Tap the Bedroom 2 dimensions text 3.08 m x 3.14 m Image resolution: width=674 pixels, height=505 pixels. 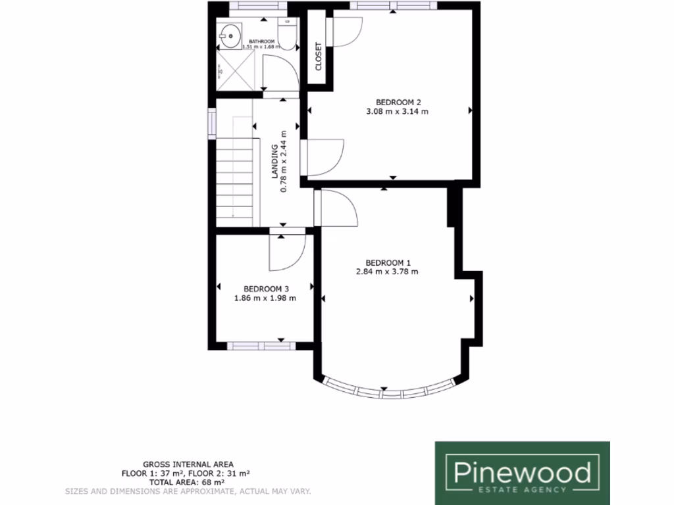click(x=398, y=112)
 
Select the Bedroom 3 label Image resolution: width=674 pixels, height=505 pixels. click(x=266, y=289)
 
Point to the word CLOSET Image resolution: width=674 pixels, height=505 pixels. click(x=319, y=57)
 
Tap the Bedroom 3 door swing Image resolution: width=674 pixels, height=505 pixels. click(x=287, y=252)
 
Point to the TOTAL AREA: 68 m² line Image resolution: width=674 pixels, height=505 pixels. click(x=188, y=482)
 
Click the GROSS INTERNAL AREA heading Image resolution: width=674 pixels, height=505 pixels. click(x=188, y=464)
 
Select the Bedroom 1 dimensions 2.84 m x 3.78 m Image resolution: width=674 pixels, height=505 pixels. click(x=388, y=271)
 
